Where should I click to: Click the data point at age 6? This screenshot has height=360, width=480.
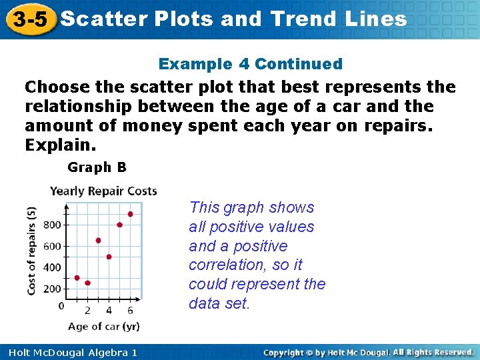tap(130, 214)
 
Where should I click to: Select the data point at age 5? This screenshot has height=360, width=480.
tap(119, 225)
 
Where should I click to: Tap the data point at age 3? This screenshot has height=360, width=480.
tap(98, 240)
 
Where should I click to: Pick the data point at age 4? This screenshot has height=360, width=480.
tap(109, 257)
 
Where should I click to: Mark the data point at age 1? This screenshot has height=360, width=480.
tap(77, 278)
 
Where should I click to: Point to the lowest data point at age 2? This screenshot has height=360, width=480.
tap(87, 283)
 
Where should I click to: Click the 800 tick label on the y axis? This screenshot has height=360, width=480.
tap(52, 225)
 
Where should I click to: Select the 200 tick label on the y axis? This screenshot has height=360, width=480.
tap(52, 289)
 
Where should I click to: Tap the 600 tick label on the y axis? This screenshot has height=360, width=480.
tap(52, 246)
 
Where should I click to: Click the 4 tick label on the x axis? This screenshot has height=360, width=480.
tap(109, 311)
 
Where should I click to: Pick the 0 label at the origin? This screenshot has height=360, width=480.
tap(61, 306)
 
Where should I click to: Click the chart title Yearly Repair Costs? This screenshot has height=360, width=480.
tap(103, 191)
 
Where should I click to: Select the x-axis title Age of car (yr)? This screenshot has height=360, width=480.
tap(103, 326)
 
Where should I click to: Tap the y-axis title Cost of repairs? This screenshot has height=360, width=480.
tap(31, 250)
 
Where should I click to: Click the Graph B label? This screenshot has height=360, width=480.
tap(97, 167)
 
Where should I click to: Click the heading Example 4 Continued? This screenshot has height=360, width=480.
tap(250, 64)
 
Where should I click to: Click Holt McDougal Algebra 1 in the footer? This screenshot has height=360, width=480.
tap(70, 352)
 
